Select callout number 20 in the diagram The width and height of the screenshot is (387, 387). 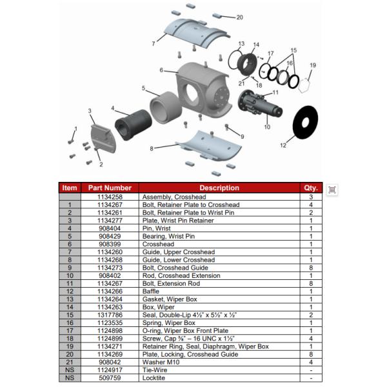coord(239,17)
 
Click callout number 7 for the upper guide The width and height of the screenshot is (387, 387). coord(153,44)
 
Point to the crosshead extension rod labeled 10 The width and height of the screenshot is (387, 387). coord(261,106)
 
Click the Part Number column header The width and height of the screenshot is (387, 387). coord(110,188)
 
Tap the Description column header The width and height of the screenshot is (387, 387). coord(219,188)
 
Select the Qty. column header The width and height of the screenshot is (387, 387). coord(311,188)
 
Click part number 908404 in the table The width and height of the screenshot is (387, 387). coord(110,228)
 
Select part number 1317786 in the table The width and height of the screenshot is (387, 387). coord(110,315)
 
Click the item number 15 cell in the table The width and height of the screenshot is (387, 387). coord(70,315)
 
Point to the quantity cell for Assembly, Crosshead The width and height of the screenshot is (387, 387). coord(311,197)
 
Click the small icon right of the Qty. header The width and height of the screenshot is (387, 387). coord(332,189)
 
